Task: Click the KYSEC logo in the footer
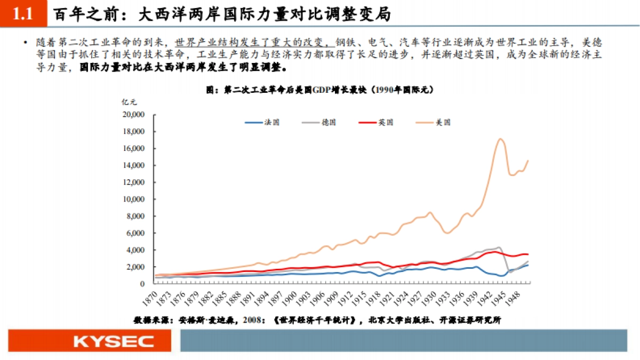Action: [114, 341]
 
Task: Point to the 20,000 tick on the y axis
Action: [134, 115]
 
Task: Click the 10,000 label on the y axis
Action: [134, 199]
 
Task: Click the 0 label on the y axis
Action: [142, 284]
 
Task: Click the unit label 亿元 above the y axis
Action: [129, 102]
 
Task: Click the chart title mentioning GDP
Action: [319, 90]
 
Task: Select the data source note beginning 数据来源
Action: [317, 320]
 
